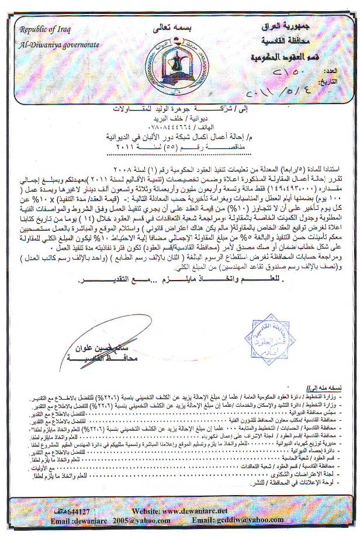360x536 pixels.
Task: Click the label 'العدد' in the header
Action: coord(345,72)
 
